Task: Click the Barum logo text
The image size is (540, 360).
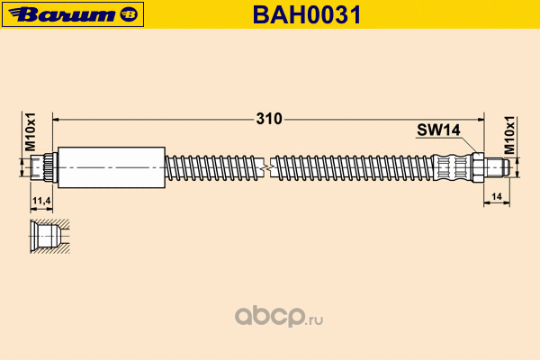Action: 63,14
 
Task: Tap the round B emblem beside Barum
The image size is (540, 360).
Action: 129,14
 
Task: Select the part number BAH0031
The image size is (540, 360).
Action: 307,14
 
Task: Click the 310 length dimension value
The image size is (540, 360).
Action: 269,119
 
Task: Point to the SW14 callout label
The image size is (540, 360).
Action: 438,130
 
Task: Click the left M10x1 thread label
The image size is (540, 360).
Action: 31,132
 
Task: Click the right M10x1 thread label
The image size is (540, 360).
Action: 509,135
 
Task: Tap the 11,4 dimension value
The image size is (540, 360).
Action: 41,200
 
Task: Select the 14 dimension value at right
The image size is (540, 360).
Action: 496,196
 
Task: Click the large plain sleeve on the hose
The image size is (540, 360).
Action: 112,167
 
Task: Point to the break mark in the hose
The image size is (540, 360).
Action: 267,167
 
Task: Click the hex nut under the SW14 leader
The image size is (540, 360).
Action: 477,167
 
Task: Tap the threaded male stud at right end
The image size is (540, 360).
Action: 498,167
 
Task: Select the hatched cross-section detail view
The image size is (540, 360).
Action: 49,237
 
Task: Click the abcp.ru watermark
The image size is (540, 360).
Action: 279,316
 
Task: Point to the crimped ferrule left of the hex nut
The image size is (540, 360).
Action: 452,167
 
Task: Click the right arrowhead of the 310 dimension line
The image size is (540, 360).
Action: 481,120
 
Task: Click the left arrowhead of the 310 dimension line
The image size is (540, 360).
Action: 56,120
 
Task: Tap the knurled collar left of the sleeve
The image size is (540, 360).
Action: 51,167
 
